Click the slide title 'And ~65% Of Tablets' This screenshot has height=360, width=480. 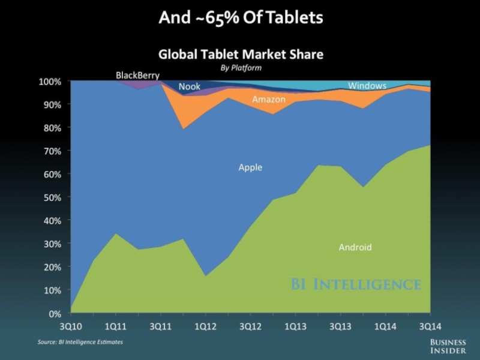click(240, 18)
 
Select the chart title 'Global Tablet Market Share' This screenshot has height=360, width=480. click(240, 55)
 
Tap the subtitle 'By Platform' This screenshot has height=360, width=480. click(241, 68)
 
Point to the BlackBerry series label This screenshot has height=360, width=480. click(137, 76)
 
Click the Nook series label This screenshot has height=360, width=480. click(190, 87)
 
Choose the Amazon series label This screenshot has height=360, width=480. click(268, 99)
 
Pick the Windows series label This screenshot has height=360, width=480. click(367, 86)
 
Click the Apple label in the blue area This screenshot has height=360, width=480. click(250, 167)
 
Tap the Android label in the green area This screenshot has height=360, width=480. click(355, 247)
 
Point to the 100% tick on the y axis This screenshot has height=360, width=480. click(51, 81)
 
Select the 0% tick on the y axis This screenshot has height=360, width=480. click(55, 313)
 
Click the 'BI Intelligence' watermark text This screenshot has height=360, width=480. click(356, 284)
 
